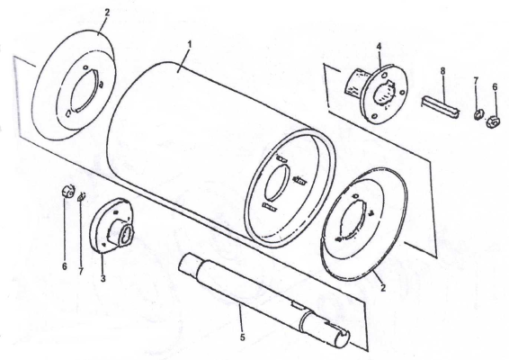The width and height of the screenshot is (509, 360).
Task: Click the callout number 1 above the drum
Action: click(x=190, y=44)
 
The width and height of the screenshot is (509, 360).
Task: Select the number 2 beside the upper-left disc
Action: click(x=107, y=13)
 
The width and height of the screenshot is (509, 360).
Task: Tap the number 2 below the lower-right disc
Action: click(x=383, y=287)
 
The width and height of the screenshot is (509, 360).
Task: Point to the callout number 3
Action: click(x=103, y=278)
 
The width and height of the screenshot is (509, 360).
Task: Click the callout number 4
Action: click(x=379, y=46)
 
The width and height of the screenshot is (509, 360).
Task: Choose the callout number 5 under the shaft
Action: click(x=243, y=337)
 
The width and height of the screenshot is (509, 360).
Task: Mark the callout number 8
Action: click(x=442, y=71)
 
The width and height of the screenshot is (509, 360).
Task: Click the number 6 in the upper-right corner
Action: click(x=495, y=86)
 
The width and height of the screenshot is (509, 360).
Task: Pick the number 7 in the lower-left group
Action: click(x=81, y=271)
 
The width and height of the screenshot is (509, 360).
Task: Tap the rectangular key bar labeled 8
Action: click(x=441, y=105)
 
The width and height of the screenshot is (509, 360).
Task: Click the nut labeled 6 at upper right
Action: click(x=492, y=121)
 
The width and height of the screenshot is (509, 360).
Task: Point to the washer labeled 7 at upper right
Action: click(x=478, y=114)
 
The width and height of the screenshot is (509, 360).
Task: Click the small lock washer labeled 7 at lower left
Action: click(x=81, y=196)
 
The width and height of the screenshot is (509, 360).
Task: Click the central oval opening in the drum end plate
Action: click(x=277, y=182)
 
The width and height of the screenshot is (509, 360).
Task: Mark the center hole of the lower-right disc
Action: click(x=353, y=220)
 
